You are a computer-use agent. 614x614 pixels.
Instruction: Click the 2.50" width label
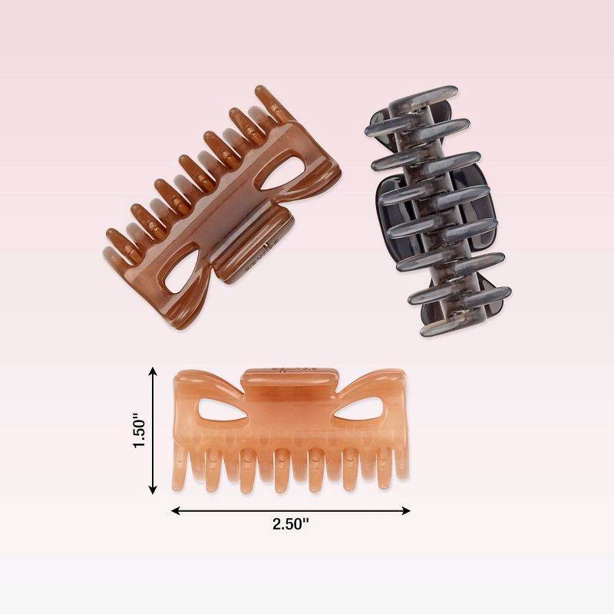(x=290, y=524)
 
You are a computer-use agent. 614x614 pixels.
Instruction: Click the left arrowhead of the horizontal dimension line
(x=174, y=510)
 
